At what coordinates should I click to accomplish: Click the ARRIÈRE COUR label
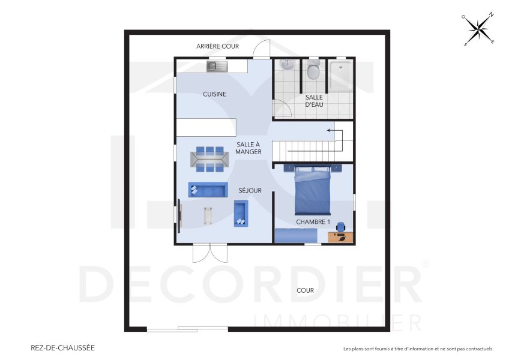[217, 46]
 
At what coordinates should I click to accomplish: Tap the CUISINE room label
[214, 94]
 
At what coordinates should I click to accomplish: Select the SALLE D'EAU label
[314, 101]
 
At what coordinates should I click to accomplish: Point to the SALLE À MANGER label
[248, 148]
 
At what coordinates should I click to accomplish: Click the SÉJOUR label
[250, 191]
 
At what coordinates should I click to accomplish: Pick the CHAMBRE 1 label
[313, 222]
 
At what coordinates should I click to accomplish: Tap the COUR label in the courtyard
[305, 290]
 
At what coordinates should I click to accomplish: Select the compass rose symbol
[478, 29]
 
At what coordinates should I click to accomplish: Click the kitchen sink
[216, 66]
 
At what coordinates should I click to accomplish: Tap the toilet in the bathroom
[313, 71]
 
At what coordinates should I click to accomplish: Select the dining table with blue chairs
[209, 158]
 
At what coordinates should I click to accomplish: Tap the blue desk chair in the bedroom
[341, 227]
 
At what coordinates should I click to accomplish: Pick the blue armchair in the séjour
[241, 212]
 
